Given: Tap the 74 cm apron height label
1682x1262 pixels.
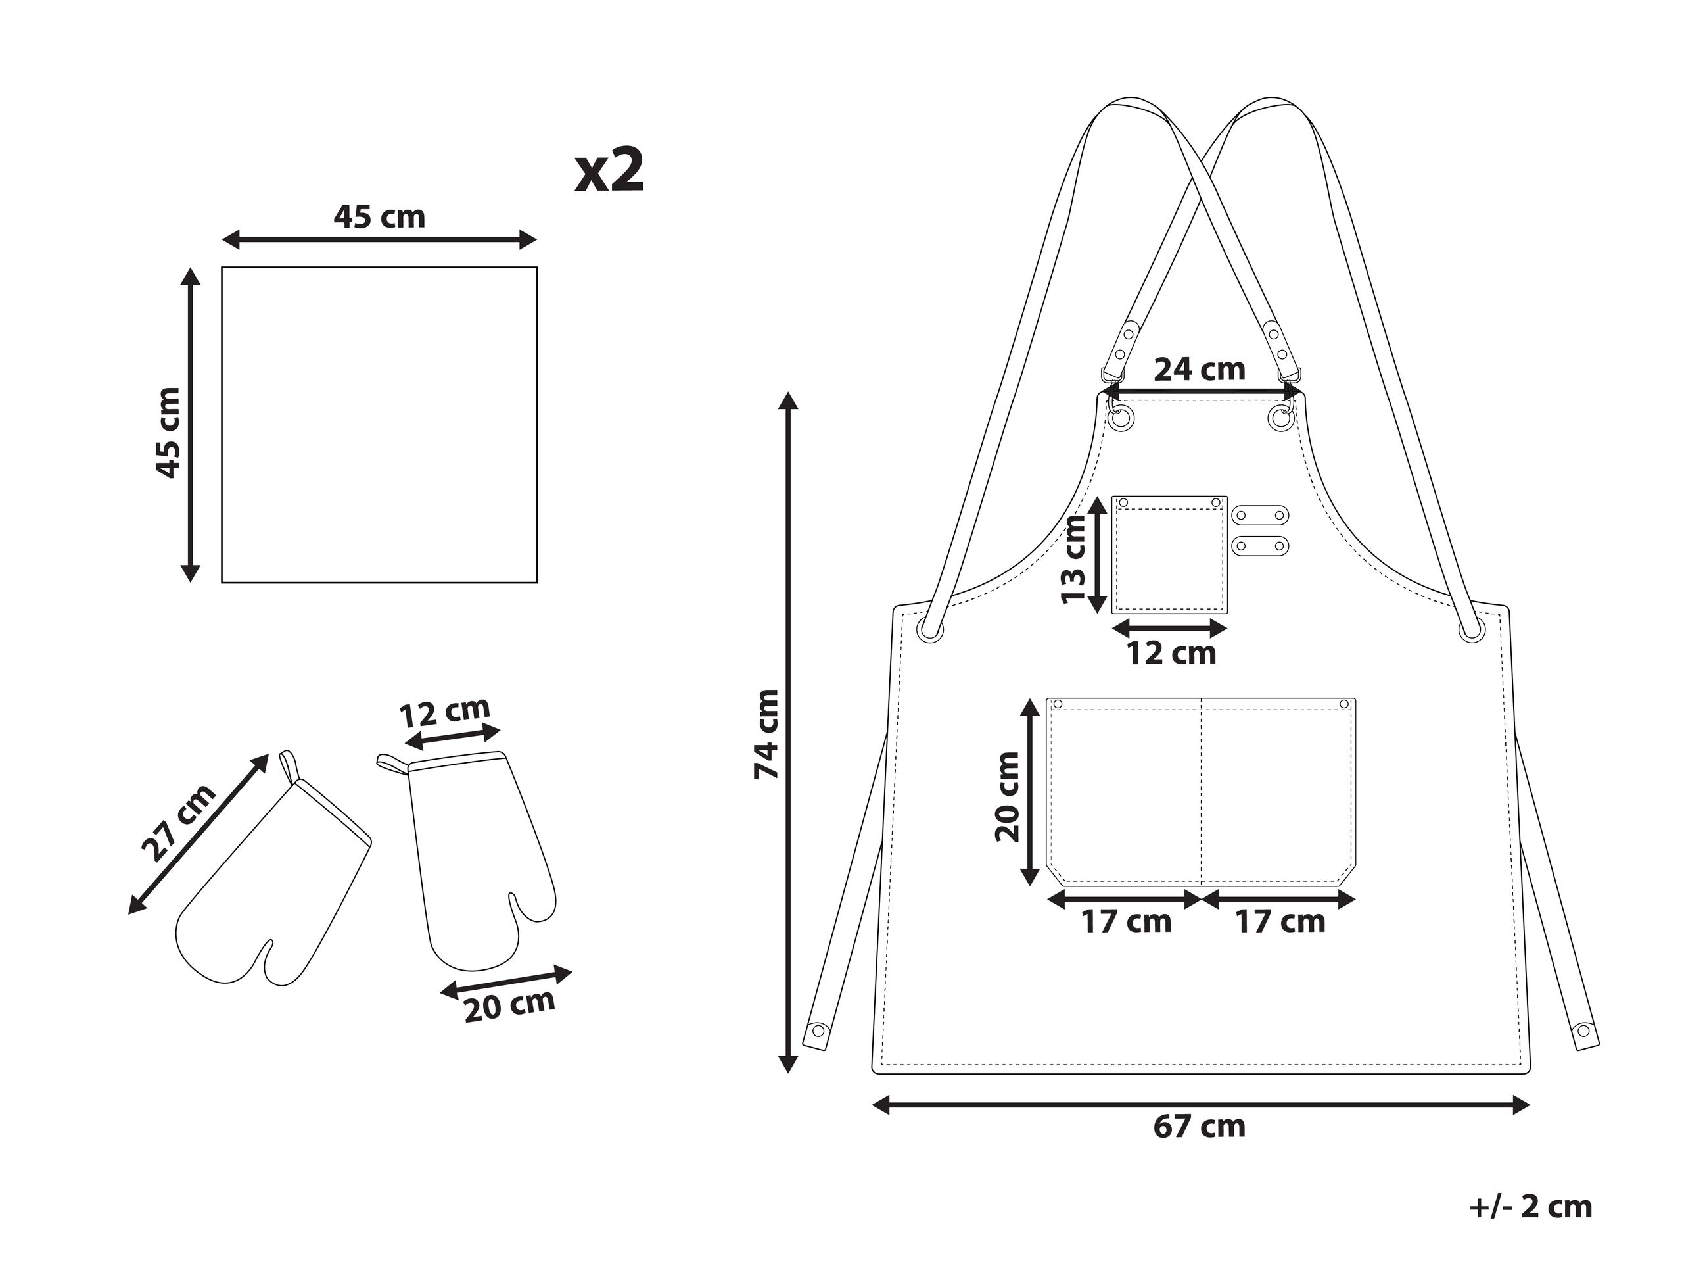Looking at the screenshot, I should [x=766, y=734].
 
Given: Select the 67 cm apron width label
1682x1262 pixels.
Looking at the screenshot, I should [x=1199, y=1127].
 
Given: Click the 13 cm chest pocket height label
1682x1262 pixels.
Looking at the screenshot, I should [x=1074, y=559].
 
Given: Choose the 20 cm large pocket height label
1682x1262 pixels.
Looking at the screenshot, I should [x=1008, y=796].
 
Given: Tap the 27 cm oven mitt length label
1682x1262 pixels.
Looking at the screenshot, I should [x=179, y=823].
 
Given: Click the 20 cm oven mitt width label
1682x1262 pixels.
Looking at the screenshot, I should [x=509, y=1006].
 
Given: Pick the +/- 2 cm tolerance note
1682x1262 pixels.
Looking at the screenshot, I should [x=1530, y=1207].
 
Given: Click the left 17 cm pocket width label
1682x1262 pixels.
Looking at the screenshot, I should [x=1126, y=922].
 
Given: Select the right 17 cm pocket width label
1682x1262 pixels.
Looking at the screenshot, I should [x=1280, y=922].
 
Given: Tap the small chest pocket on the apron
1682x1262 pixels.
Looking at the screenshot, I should [x=1169, y=554].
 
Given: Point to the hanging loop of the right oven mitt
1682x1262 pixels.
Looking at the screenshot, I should [x=391, y=763].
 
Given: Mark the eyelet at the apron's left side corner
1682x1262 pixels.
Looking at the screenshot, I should [x=930, y=631].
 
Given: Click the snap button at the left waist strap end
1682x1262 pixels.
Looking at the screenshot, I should [x=818, y=1032].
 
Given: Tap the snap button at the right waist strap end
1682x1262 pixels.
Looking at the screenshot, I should [x=1584, y=1032].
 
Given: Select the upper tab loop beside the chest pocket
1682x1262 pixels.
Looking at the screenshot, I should [x=1260, y=515].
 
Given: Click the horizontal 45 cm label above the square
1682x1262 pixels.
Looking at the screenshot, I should [x=379, y=217].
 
